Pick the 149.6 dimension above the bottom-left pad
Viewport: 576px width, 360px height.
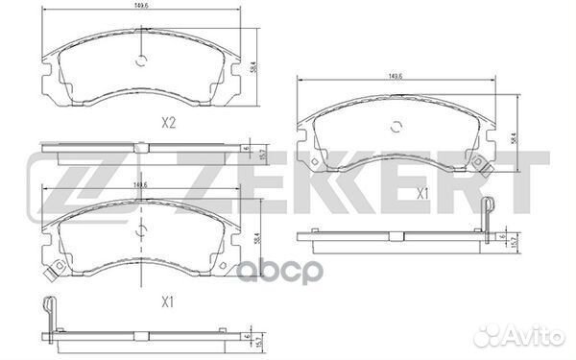click(x=141, y=186)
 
